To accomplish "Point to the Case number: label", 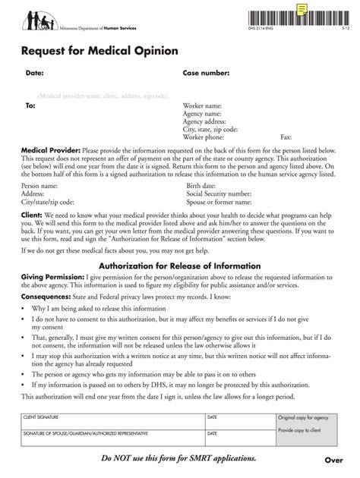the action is tap(205, 74).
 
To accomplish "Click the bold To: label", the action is tap(30, 106).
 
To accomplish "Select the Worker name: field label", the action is tap(202, 106).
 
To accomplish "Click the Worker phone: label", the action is tap(204, 137).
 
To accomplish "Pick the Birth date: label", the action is tap(201, 185).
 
